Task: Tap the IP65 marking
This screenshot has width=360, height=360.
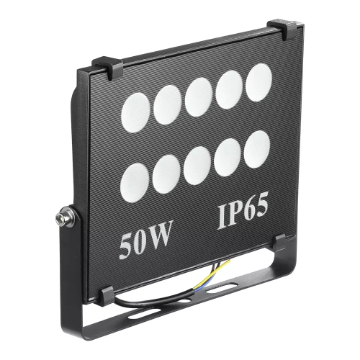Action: click(243, 214)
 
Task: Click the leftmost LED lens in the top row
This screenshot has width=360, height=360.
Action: click(135, 111)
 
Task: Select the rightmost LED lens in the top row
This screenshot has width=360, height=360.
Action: click(259, 81)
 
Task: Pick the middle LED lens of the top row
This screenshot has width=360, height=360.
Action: click(198, 96)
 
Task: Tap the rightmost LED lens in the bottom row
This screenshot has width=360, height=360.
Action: click(257, 150)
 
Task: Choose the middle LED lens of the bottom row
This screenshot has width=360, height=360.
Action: click(197, 165)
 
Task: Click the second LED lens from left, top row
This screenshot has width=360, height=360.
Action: click(167, 104)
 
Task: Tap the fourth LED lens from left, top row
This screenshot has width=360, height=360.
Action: click(229, 89)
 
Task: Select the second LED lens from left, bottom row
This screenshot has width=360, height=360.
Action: click(166, 174)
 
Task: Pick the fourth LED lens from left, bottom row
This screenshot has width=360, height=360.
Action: click(228, 157)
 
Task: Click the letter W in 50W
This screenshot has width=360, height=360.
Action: click(160, 243)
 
